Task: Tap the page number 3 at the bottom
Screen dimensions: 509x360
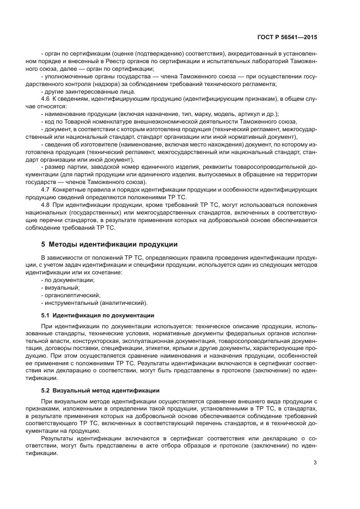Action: point(315,463)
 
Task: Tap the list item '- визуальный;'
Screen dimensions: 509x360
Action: point(60,287)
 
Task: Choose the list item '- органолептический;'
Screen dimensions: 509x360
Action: point(70,295)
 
